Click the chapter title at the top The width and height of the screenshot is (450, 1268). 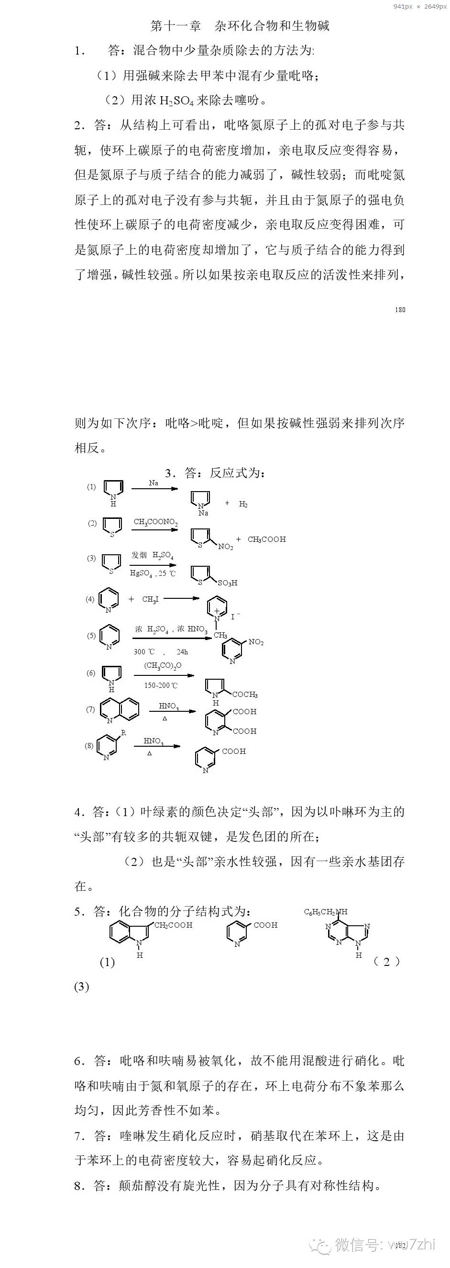coord(240,25)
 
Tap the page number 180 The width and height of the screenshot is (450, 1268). coord(400,310)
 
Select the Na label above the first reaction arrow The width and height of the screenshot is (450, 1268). coord(154,483)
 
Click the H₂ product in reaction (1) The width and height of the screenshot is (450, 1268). coord(243,504)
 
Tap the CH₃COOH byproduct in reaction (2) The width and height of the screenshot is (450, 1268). coord(266,539)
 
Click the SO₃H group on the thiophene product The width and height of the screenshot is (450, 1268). coord(227,583)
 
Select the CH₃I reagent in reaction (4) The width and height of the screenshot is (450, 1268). coord(150,600)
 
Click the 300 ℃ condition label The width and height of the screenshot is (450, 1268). coord(144,652)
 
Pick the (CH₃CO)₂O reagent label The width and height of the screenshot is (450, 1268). coord(162,665)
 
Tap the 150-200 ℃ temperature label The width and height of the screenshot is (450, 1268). coord(161,685)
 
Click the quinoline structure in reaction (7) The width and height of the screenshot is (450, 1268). coord(120,710)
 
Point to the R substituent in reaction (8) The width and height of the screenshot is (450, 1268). coord(123,733)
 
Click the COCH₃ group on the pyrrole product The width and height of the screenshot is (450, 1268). coord(244,695)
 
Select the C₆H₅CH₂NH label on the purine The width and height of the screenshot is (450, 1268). coord(325,911)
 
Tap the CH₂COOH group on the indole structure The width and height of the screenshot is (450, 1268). coord(173,925)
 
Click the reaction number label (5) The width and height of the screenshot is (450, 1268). coord(91,636)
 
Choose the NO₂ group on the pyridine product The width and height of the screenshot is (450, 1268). coord(256,642)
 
